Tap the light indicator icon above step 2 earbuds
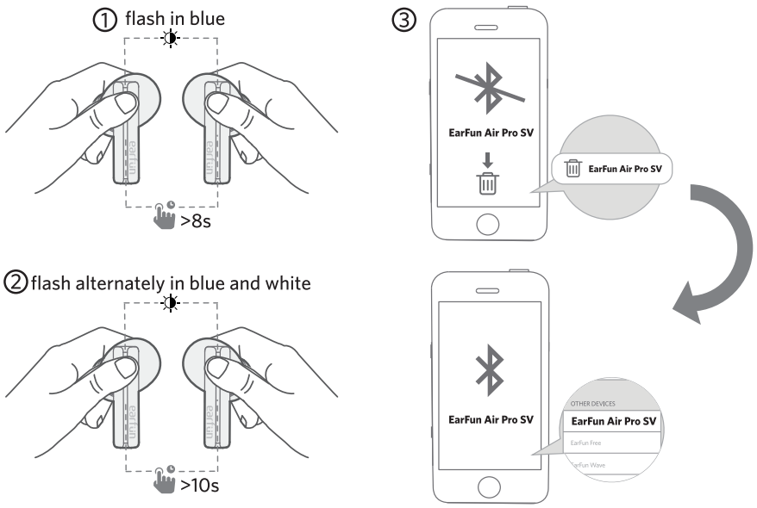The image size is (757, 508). pos(171,302)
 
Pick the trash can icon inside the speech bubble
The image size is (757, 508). pos(572,170)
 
